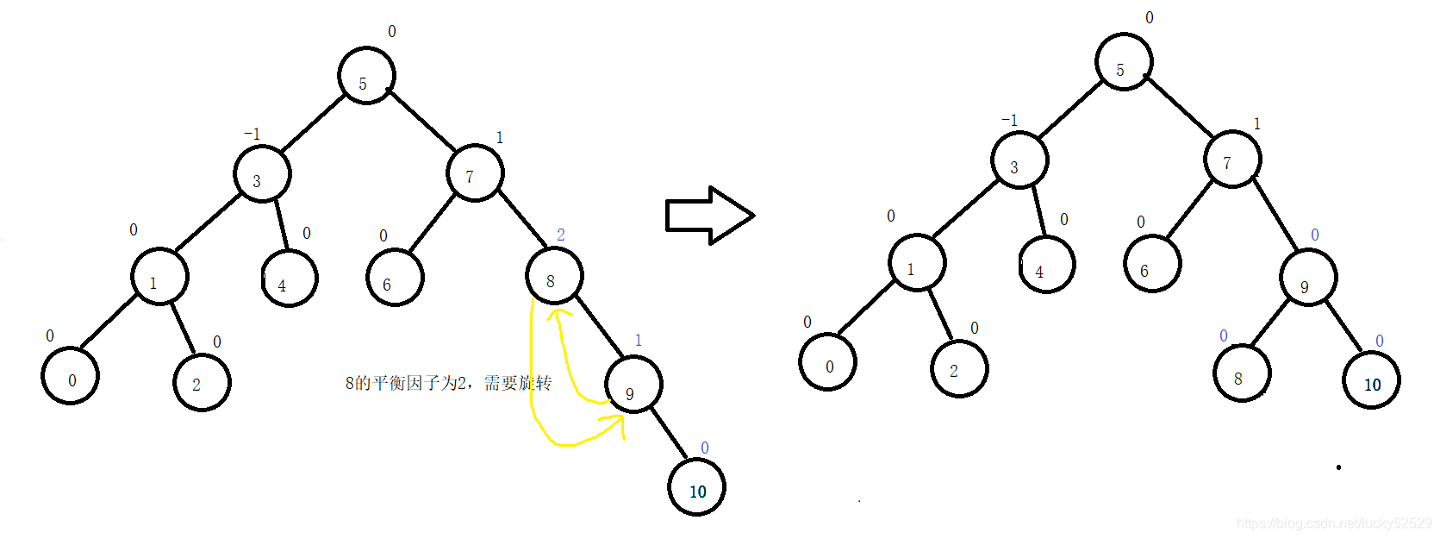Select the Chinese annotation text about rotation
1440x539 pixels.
448,383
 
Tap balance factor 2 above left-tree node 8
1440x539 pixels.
561,235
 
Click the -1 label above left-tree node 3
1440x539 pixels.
252,134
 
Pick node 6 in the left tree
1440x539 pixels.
395,278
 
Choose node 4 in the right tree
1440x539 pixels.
1046,265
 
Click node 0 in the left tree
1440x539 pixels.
71,376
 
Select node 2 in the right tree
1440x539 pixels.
959,368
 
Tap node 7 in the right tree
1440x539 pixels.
1232,160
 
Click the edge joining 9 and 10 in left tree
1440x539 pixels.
668,433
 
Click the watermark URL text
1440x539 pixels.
1333,523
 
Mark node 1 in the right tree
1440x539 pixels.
917,262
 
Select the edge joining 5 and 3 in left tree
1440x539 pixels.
313,123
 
